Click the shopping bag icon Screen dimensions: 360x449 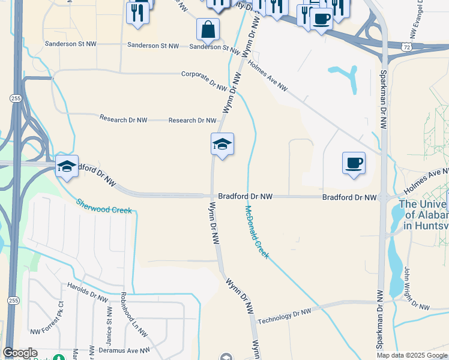pos(208,29)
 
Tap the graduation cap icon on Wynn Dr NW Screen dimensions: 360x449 pos(222,144)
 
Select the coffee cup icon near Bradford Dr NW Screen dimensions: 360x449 pos(354,163)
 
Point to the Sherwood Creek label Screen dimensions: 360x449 pos(103,206)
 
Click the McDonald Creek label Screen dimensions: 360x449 pos(258,232)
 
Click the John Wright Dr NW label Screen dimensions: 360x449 pos(417,289)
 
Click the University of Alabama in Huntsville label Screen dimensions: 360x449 pos(424,215)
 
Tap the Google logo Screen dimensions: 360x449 pos(20,353)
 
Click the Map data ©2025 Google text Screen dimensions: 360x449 pos(411,355)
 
